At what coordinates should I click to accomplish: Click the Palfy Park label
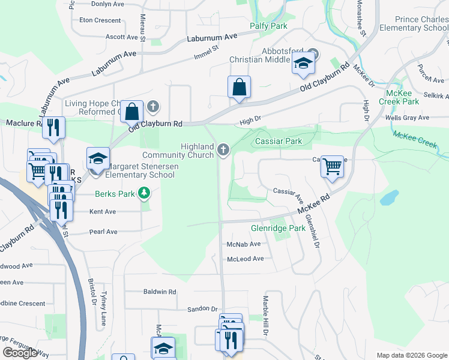pyautogui.click(x=268, y=26)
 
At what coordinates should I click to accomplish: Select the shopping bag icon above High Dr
pyautogui.click(x=239, y=87)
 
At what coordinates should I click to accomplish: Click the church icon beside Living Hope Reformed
pyautogui.click(x=153, y=107)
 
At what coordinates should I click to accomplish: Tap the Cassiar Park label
pyautogui.click(x=278, y=141)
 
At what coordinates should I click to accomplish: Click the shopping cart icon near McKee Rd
pyautogui.click(x=332, y=166)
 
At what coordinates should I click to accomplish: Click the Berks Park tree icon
pyautogui.click(x=143, y=193)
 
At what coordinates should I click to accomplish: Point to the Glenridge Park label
pyautogui.click(x=278, y=229)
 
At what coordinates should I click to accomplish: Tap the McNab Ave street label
pyautogui.click(x=244, y=244)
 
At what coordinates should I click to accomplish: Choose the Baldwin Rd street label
pyautogui.click(x=160, y=292)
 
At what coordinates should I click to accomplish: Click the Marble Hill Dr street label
pyautogui.click(x=265, y=316)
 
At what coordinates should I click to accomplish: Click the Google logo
pyautogui.click(x=20, y=353)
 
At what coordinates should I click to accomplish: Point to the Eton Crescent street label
pyautogui.click(x=100, y=20)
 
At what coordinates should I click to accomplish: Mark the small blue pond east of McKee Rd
pyautogui.click(x=389, y=197)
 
